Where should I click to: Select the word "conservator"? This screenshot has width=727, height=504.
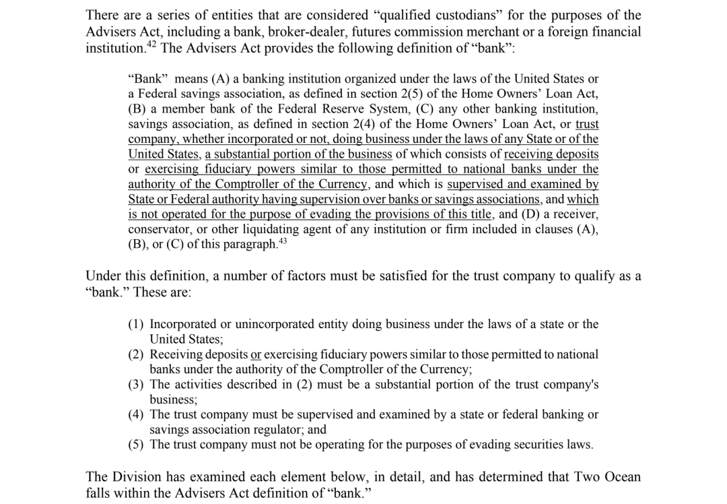pyautogui.click(x=160, y=229)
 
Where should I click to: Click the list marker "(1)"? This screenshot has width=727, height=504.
pyautogui.click(x=137, y=324)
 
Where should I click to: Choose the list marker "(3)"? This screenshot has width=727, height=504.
pyautogui.click(x=137, y=385)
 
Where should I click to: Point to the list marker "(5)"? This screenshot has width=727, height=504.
pyautogui.click(x=137, y=445)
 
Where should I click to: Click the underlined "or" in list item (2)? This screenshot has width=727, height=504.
pyautogui.click(x=256, y=354)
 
